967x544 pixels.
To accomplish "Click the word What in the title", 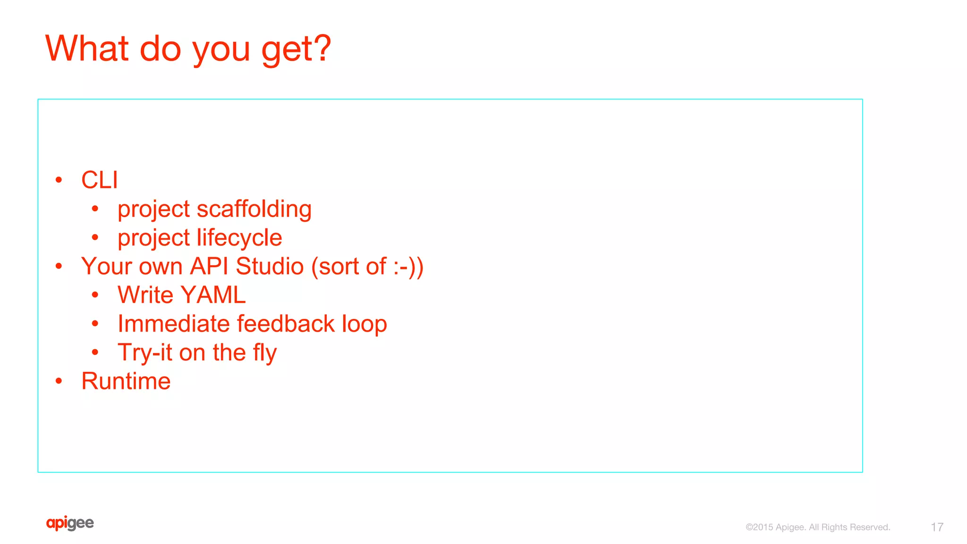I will (87, 48).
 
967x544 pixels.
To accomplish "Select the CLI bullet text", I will (100, 180).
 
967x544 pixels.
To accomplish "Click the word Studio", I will (270, 267).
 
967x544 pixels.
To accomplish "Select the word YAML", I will (213, 295).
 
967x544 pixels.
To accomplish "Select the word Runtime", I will (126, 381).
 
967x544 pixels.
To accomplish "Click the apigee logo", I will (70, 523).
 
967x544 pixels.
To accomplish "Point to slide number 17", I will (937, 527).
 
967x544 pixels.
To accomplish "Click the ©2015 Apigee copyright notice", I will (818, 527).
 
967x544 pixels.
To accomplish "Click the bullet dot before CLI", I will (59, 180).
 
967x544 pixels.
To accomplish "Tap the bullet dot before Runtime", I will (59, 381).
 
